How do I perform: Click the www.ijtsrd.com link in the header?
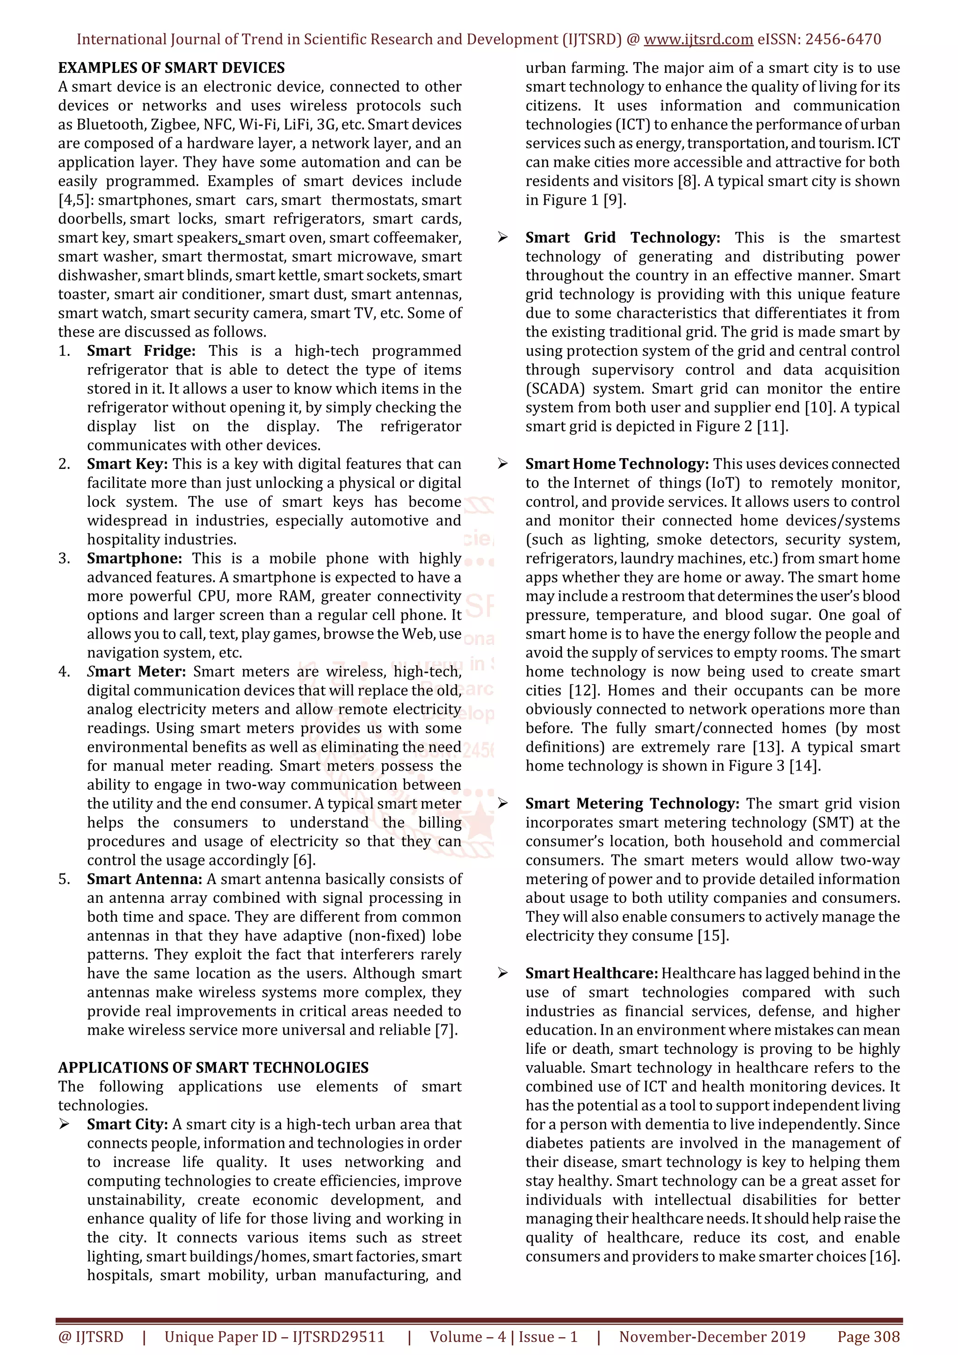[698, 40]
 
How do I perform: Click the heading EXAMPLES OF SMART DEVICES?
[171, 68]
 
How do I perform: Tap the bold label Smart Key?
[127, 464]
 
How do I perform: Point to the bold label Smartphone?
[134, 558]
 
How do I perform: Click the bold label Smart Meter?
[136, 671]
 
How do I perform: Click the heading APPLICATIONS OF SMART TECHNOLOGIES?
[213, 1067]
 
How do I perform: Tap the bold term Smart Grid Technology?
[622, 238]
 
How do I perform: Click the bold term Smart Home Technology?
[617, 464]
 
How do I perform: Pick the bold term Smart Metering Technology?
[631, 804]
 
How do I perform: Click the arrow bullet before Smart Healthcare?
[502, 973]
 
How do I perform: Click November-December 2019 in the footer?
[712, 1337]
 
